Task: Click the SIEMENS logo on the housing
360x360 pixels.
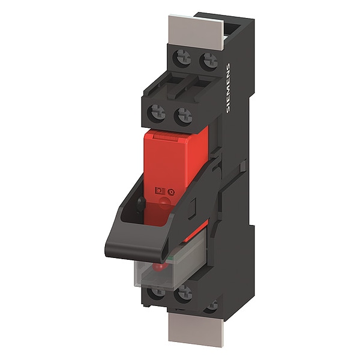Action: (x=228, y=88)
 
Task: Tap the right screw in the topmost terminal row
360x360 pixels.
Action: (x=209, y=61)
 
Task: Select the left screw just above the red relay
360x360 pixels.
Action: (x=158, y=113)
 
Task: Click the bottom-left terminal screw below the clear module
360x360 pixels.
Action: (x=157, y=292)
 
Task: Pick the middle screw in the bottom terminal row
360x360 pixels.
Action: (x=184, y=294)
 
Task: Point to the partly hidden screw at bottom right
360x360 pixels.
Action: (x=212, y=306)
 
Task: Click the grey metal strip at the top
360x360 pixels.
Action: (x=196, y=32)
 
